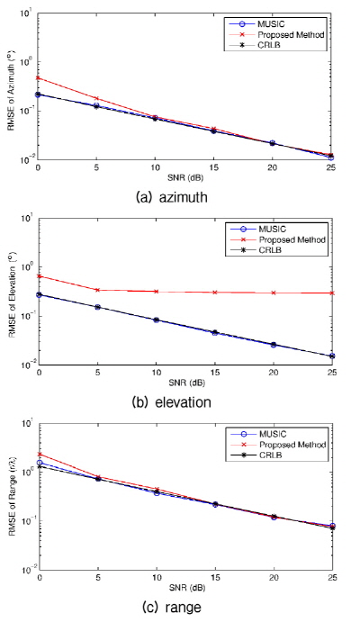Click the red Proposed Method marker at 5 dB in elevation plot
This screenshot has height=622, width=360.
point(96,290)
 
